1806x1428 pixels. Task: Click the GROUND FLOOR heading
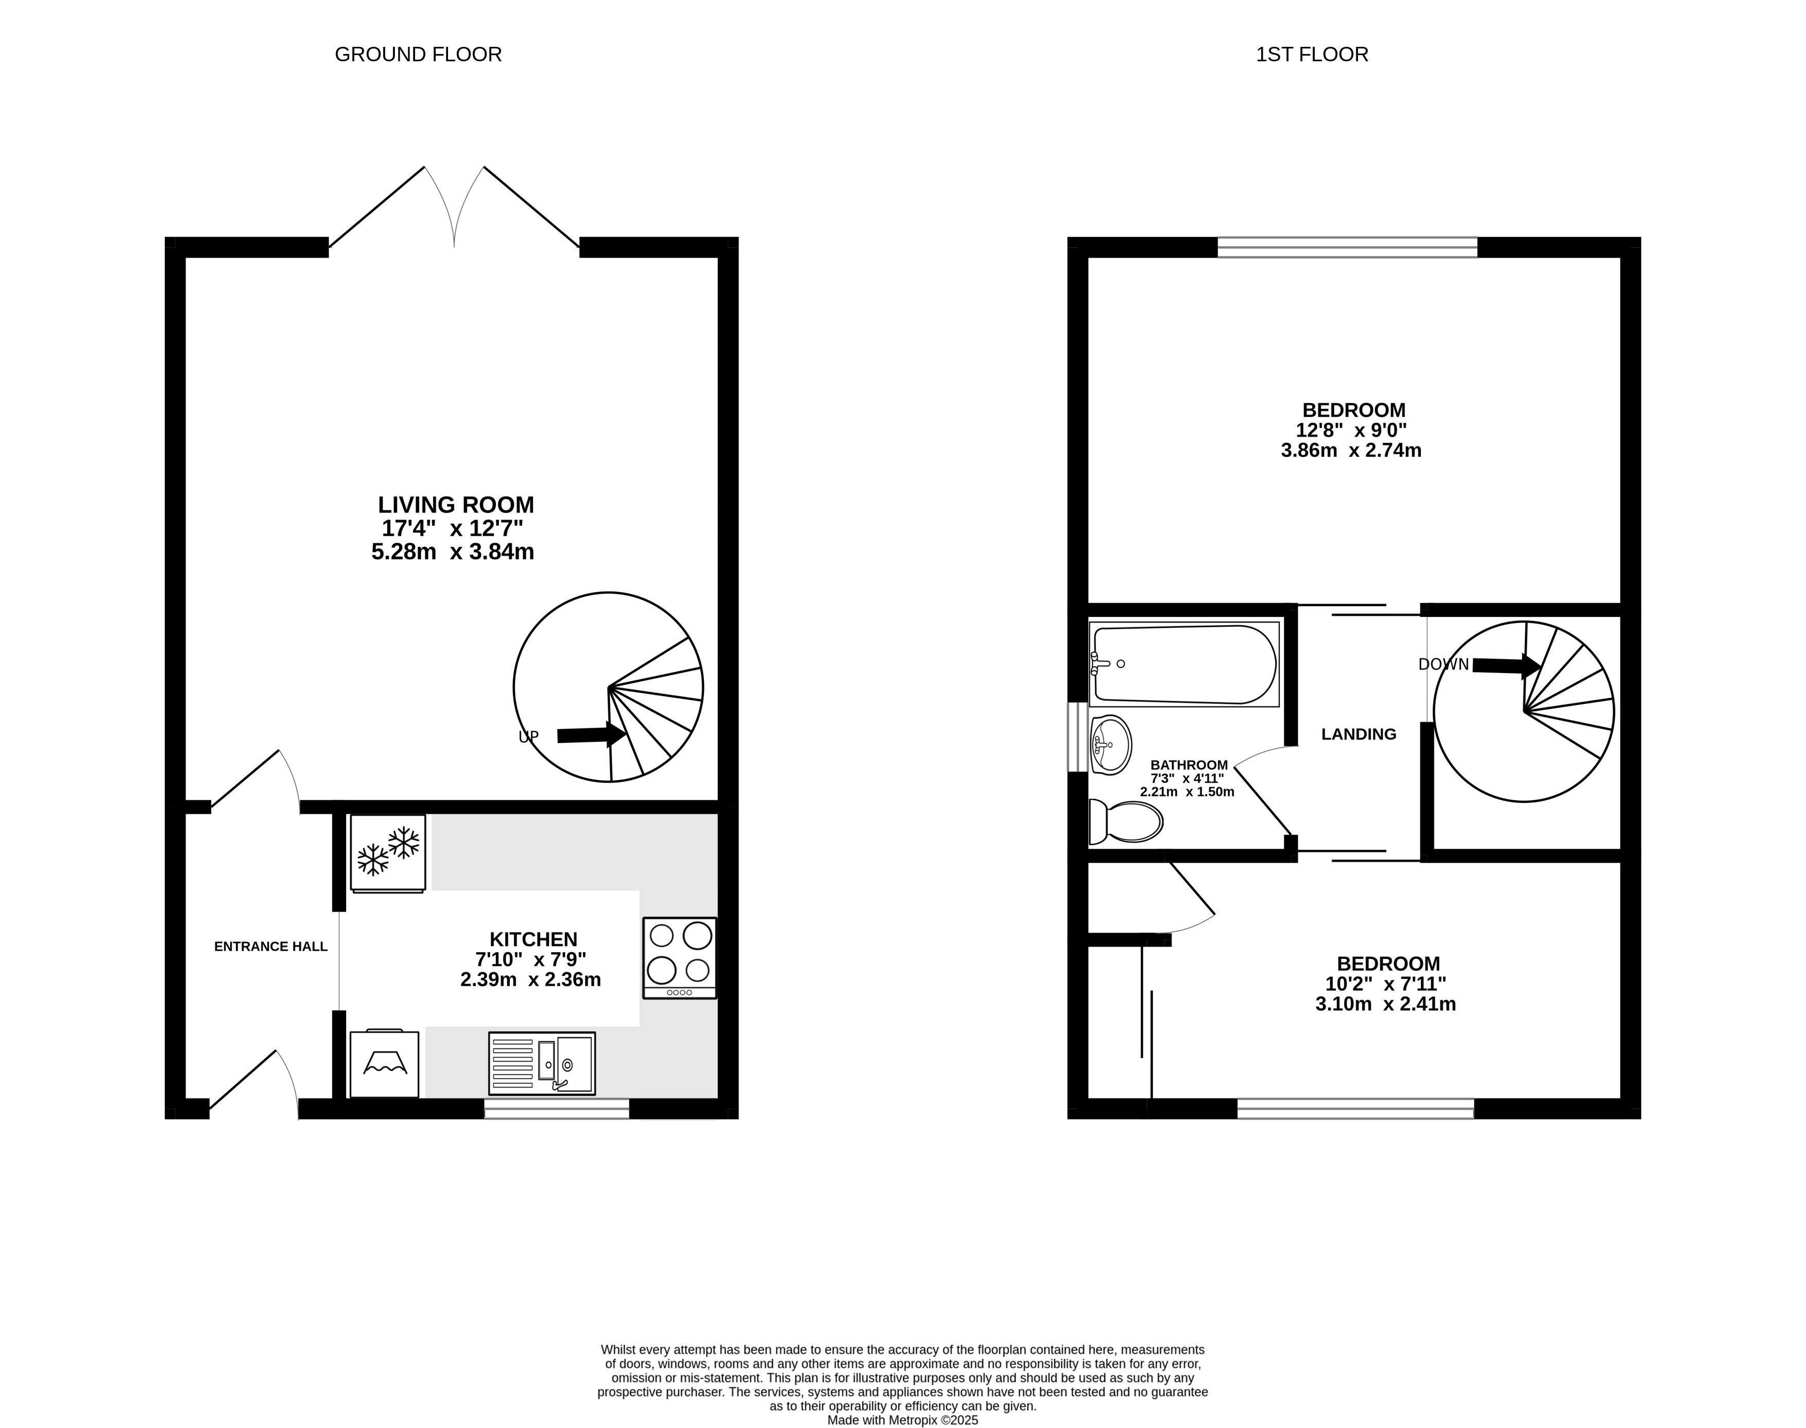(x=418, y=55)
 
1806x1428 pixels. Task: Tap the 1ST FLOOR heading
(x=1312, y=55)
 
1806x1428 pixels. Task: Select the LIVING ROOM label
(x=456, y=505)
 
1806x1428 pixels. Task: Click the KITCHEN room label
(x=534, y=939)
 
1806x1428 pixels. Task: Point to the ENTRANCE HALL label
(x=271, y=947)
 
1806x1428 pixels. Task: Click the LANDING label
(x=1358, y=734)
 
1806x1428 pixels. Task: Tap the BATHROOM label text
(x=1189, y=765)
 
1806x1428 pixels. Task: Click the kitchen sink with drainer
(x=542, y=1063)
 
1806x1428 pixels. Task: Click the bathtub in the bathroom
(x=1184, y=664)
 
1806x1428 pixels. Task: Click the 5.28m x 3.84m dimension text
(x=453, y=552)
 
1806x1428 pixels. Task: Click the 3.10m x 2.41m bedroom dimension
(x=1385, y=1004)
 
